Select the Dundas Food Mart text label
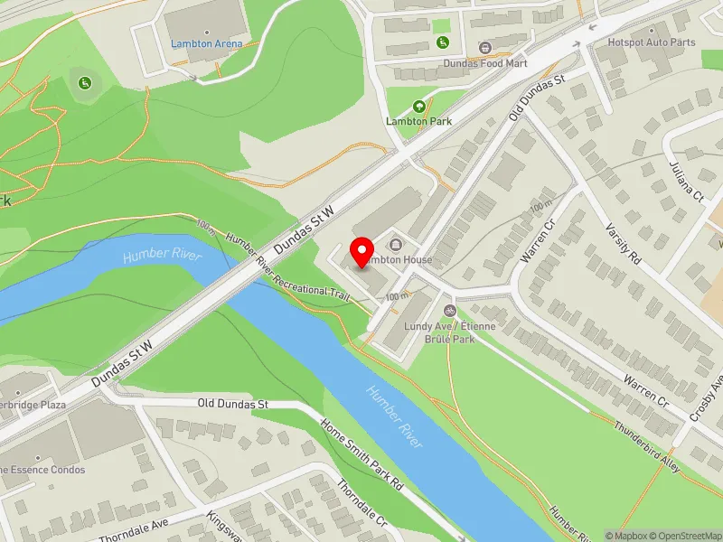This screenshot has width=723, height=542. coord(484,63)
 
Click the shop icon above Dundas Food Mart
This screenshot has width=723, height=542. coord(484,47)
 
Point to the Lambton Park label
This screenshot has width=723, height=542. coord(418,120)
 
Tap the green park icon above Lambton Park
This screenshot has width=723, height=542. coord(418,106)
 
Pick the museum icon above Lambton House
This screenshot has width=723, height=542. coord(395,245)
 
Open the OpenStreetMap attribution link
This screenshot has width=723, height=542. coord(684,535)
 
